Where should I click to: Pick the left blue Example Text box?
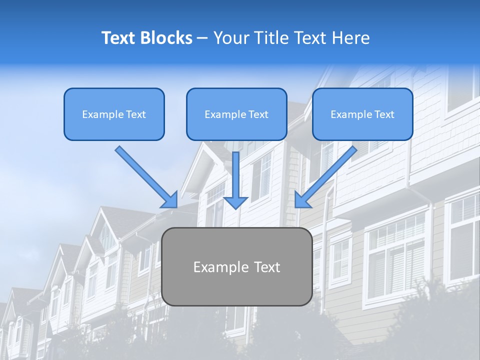pos(114,114)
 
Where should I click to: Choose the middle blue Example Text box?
pos(236,114)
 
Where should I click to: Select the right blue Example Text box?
pos(362,114)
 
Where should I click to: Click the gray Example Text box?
pos(236,267)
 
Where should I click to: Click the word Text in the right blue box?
pos(384,114)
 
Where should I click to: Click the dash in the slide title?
pos(202,38)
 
